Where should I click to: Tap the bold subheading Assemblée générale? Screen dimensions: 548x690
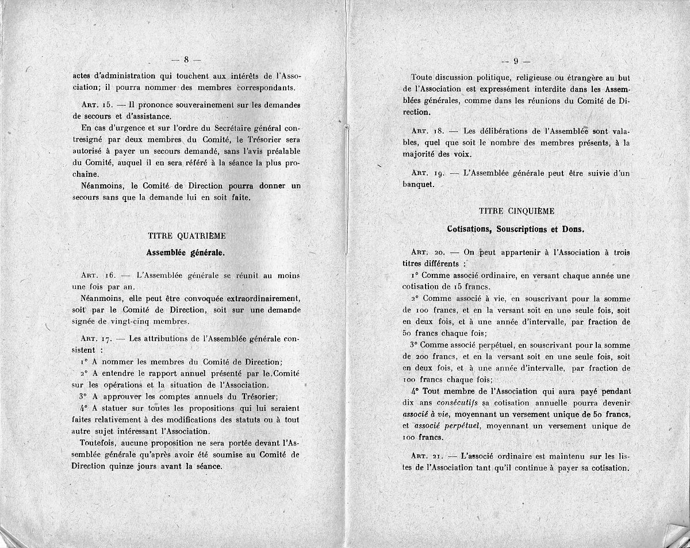(x=185, y=252)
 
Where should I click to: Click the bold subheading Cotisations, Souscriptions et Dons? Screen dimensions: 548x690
(x=516, y=229)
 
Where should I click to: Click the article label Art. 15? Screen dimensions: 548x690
(x=95, y=105)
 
